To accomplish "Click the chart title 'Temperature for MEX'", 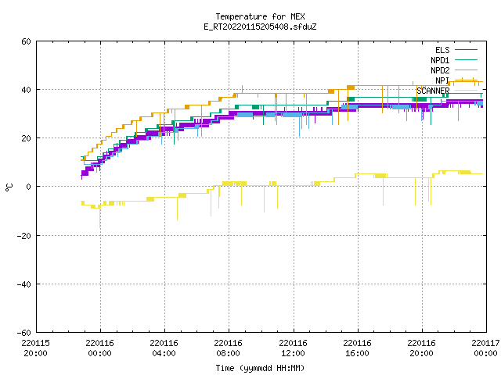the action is (260, 16).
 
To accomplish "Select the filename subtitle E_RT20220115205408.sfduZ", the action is (260, 27).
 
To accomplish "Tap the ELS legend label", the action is (442, 50).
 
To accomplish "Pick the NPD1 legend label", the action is (440, 60).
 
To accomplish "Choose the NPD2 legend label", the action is (440, 70).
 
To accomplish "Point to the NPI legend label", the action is (442, 80).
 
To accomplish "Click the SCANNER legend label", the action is (433, 91).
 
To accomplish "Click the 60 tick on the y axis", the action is (26, 41).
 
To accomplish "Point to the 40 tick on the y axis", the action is (26, 90).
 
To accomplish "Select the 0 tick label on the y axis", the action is (29, 187).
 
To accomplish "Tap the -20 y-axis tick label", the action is (24, 236).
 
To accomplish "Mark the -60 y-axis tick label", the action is (24, 333).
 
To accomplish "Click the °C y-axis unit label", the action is (9, 187).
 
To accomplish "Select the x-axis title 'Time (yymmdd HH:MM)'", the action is (260, 368).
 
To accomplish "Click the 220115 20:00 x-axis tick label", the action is (36, 348).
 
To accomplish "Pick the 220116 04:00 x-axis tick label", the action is (164, 348).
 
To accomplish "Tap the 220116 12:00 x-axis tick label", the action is (293, 348).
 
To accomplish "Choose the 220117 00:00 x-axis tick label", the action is (485, 348).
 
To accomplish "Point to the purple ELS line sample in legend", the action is (467, 50).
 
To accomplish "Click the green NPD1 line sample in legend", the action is (467, 59).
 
